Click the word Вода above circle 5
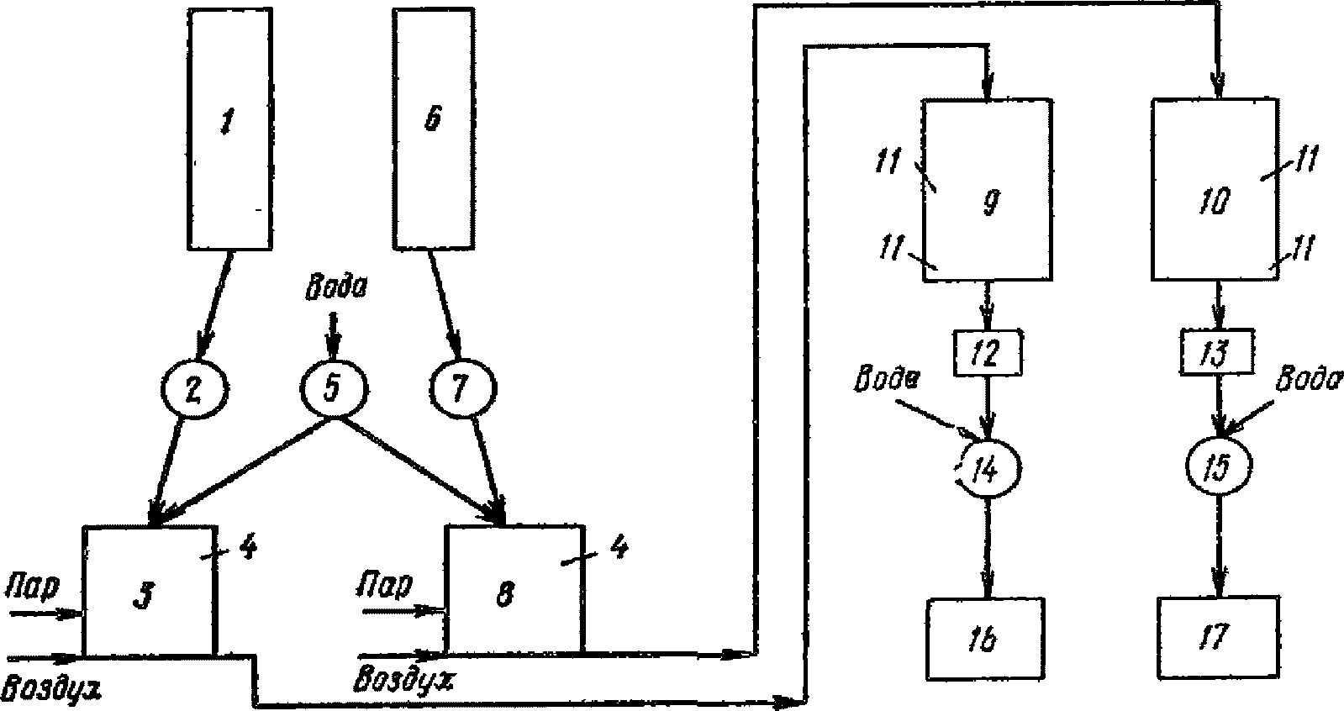336,289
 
